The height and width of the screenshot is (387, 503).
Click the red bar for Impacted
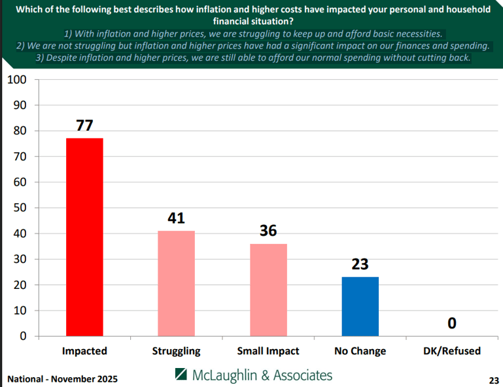click(x=84, y=237)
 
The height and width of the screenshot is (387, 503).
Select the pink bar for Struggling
click(x=176, y=283)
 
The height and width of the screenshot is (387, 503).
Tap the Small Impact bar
click(x=268, y=290)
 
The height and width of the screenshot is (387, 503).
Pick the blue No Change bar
click(x=360, y=306)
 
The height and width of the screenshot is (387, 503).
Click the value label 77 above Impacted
click(x=84, y=125)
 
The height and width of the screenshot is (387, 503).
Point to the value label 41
click(x=176, y=218)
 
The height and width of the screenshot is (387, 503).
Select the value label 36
click(x=268, y=231)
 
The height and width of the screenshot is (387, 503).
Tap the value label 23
click(x=360, y=264)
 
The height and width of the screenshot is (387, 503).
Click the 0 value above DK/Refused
click(x=452, y=323)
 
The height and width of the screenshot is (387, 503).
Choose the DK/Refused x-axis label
click(x=452, y=351)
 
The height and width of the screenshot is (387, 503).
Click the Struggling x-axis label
click(x=176, y=351)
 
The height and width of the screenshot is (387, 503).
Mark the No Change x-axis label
click(x=360, y=351)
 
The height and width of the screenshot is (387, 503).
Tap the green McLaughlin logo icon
click(x=181, y=375)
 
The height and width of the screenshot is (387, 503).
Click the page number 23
click(x=493, y=380)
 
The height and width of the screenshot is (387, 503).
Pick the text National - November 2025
click(x=63, y=379)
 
